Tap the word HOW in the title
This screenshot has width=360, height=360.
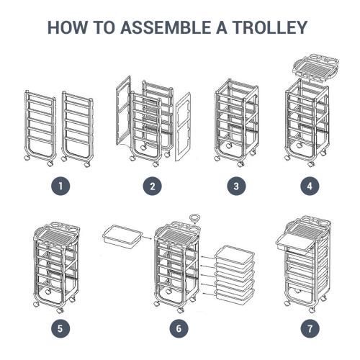point(66,28)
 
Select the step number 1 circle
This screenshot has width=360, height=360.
point(63,186)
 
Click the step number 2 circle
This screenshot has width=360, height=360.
point(151,186)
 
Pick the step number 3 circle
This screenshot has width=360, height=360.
point(236,186)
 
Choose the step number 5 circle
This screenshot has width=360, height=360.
point(63,328)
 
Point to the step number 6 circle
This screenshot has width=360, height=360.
point(179,328)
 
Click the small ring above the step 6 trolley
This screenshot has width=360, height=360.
point(194,215)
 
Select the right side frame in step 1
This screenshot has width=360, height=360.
point(78,126)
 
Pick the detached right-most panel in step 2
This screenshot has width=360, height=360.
point(183,125)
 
